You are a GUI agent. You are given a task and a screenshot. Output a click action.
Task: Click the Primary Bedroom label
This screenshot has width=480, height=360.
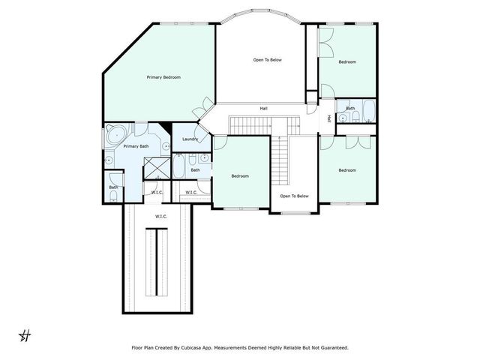[163, 77]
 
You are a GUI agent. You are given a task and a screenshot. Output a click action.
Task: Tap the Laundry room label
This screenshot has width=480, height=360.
[190, 139]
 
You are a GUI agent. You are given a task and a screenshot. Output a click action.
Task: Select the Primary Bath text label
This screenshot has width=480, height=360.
[136, 146]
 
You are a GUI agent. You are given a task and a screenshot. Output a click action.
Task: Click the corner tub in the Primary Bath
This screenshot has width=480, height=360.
[116, 133]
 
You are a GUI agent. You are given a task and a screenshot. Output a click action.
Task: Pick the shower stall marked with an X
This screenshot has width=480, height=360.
[157, 168]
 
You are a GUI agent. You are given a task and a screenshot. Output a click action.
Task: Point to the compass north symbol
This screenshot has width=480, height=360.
[25, 336]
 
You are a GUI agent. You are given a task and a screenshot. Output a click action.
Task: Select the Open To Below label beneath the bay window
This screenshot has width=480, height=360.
[267, 60]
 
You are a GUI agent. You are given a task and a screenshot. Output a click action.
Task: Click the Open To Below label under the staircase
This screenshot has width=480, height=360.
[294, 196]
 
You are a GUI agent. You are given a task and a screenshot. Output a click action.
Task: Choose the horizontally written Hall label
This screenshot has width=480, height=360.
[263, 108]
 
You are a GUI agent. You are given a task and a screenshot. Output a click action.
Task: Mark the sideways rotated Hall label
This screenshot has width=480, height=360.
[329, 118]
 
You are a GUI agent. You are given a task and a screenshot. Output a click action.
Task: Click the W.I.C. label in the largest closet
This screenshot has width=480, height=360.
[161, 217]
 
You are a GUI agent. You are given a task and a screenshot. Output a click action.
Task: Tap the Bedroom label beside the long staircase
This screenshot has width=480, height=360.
[240, 176]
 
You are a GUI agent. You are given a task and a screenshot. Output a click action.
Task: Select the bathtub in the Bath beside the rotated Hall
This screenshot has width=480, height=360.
[368, 111]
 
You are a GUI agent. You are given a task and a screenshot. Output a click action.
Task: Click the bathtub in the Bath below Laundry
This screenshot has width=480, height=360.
[178, 166]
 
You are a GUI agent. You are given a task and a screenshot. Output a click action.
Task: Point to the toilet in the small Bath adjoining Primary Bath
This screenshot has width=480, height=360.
[113, 196]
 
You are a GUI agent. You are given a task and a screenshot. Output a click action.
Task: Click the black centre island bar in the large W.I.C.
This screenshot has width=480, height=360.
[157, 262]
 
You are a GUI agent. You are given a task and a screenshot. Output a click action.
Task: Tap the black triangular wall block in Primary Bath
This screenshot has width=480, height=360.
[165, 127]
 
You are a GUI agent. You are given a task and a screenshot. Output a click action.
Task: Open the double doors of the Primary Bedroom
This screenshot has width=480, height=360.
[203, 108]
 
